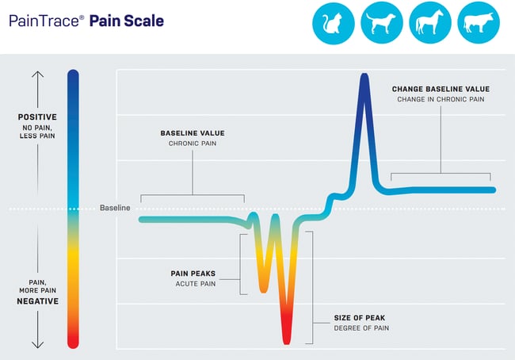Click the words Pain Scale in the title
(127, 21)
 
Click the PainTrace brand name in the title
(44, 21)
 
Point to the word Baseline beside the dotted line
(115, 208)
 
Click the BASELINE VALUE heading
(193, 132)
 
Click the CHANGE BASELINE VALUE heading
(441, 89)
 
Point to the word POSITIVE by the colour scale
(38, 117)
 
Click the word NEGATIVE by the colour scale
(38, 301)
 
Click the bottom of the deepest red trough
(287, 340)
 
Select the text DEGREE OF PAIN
(361, 327)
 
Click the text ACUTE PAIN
(195, 284)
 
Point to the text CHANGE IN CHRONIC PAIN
(441, 99)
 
